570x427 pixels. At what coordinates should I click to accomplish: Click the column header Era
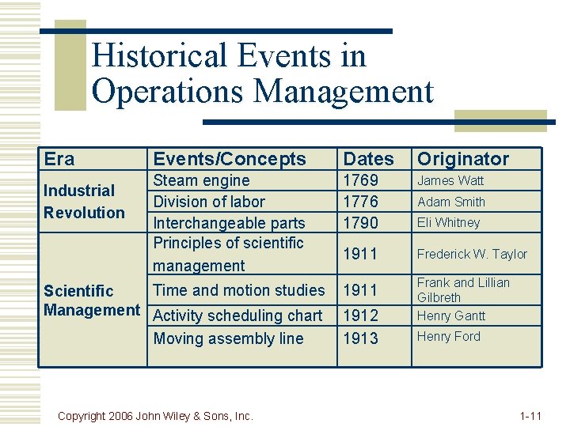(x=59, y=159)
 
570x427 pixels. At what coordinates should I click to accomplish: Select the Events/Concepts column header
(x=229, y=159)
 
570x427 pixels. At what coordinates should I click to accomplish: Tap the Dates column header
(x=367, y=159)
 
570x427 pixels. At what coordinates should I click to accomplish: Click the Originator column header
(x=463, y=159)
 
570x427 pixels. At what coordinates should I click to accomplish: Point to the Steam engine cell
(x=201, y=180)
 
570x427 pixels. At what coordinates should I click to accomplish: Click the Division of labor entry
(x=209, y=202)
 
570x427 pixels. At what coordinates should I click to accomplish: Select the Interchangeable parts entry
(x=229, y=223)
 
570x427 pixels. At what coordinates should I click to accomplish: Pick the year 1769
(x=359, y=180)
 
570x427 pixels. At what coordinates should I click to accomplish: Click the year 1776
(x=359, y=202)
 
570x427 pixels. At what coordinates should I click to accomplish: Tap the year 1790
(x=359, y=223)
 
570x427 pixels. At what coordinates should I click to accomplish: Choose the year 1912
(x=359, y=316)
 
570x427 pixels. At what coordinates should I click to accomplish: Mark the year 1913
(x=359, y=338)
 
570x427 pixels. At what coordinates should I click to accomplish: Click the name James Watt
(x=450, y=180)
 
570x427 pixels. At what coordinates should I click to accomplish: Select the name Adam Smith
(x=451, y=202)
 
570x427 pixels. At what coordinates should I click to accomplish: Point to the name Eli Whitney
(x=448, y=223)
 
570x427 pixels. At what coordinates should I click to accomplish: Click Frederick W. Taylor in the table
(x=472, y=254)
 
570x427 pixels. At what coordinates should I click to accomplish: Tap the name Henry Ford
(x=448, y=337)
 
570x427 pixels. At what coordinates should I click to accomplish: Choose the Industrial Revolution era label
(x=83, y=202)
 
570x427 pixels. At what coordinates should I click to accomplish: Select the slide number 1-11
(x=530, y=415)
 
